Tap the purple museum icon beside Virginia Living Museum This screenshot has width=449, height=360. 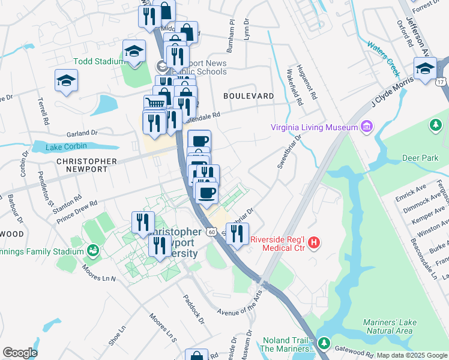pos(366,127)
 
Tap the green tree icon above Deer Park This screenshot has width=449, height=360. pos(433,125)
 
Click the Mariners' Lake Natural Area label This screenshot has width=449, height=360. pos(388,326)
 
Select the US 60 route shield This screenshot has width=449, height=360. pos(211,231)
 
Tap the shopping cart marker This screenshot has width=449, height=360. pos(155,105)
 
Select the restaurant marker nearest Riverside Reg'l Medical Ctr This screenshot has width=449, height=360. pos(238,233)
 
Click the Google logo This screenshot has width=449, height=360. pos(20,352)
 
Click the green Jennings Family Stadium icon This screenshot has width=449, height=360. pos(93,250)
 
